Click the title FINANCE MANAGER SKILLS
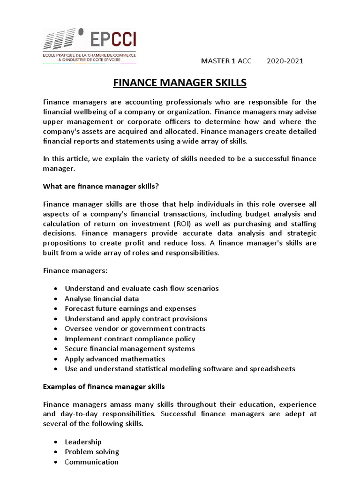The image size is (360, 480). point(180,83)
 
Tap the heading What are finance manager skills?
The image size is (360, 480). point(101,187)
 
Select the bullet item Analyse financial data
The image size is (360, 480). point(102,299)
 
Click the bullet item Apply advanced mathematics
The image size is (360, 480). point(115,359)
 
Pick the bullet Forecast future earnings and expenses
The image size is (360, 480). point(130,308)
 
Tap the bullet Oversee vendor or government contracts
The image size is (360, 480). point(135,329)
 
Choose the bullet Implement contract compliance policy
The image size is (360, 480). point(130,338)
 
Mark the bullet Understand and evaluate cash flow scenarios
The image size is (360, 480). point(142,288)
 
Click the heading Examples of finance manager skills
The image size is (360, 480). point(104,387)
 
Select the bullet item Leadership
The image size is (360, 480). point(83,442)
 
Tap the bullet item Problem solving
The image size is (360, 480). point(92,452)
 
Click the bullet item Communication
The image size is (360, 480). point(91,462)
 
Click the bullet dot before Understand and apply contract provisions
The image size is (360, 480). point(56,319)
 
